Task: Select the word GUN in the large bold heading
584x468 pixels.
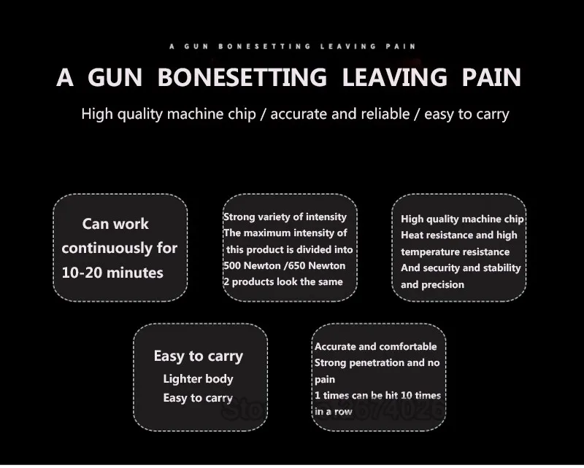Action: click(115, 77)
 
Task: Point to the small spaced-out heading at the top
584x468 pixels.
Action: click(293, 46)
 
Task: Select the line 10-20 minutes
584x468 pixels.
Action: click(112, 273)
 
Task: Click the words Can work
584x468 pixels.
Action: click(115, 224)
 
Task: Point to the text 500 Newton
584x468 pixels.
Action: click(253, 265)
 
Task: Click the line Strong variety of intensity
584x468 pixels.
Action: click(285, 217)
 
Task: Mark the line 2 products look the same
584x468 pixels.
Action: click(283, 281)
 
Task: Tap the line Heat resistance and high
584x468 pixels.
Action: click(458, 235)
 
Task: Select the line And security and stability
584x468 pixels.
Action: click(461, 268)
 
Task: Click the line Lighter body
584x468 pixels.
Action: click(198, 379)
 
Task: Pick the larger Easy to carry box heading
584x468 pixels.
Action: click(198, 356)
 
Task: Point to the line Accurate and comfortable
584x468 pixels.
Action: click(375, 346)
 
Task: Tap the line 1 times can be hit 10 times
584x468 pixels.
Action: click(377, 395)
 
